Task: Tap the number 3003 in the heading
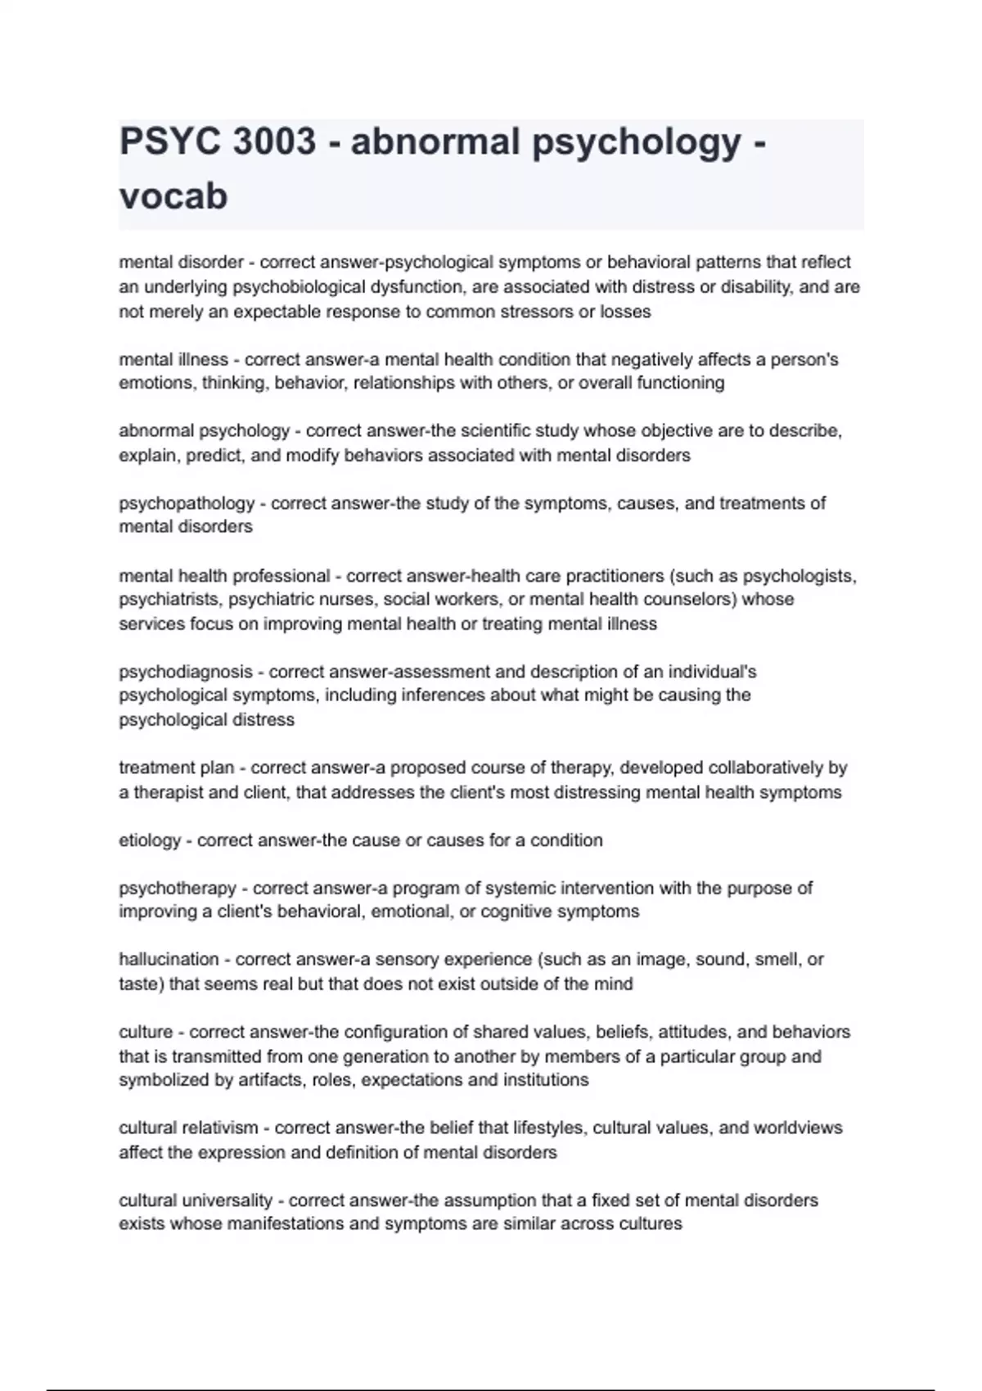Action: (x=274, y=142)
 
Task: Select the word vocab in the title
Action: (x=173, y=196)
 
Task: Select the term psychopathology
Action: (x=187, y=503)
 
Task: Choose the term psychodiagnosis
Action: (x=186, y=672)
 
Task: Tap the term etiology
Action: (x=150, y=840)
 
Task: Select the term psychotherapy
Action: (x=178, y=889)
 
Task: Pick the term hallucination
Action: (x=169, y=960)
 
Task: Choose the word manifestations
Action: (x=291, y=1225)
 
